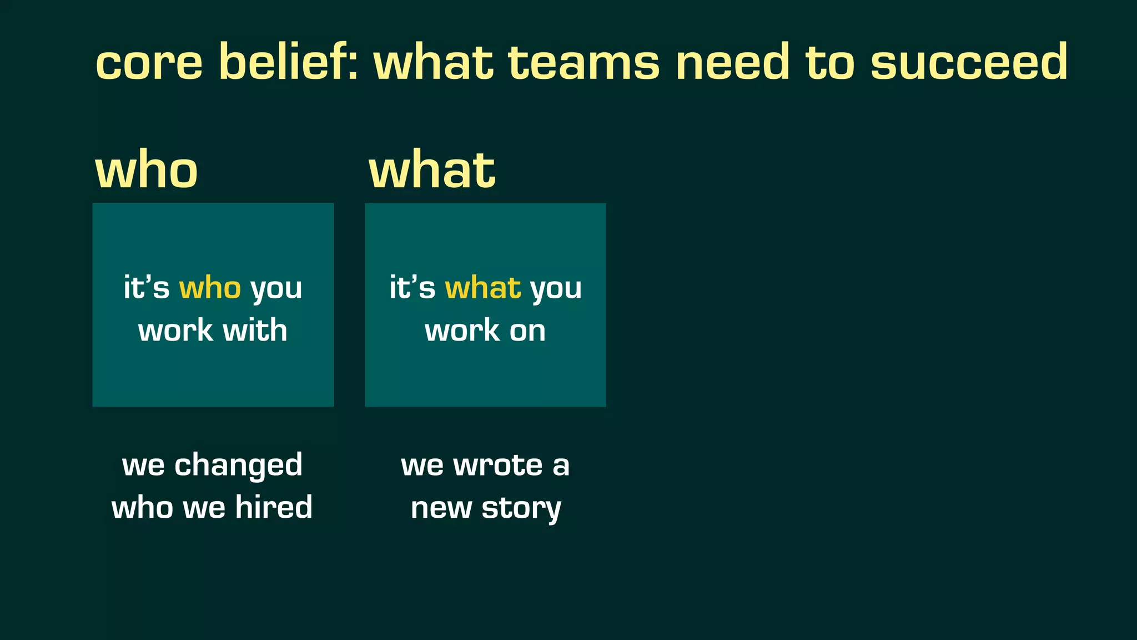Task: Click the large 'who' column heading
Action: tap(147, 170)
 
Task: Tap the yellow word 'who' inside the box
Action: tap(210, 288)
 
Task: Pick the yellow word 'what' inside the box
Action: tap(482, 288)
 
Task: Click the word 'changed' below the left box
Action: tap(239, 466)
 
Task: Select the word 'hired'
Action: tap(274, 507)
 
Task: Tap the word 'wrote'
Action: tap(498, 465)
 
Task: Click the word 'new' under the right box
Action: tap(441, 508)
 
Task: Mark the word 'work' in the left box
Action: tap(175, 331)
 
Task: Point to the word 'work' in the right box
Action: tap(462, 331)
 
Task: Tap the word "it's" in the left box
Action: tap(146, 288)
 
